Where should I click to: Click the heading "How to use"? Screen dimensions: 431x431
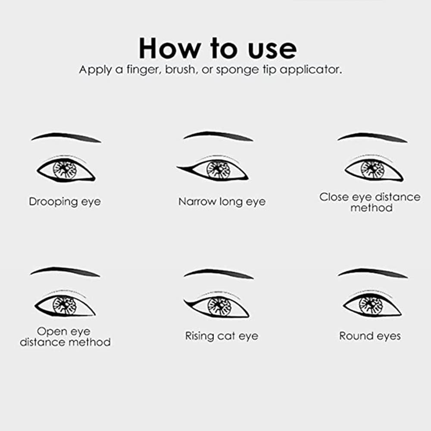(x=218, y=48)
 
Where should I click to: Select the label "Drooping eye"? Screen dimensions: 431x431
(x=65, y=202)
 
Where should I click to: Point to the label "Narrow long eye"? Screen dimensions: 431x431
(x=222, y=202)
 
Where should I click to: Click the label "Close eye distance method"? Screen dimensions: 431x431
(x=370, y=202)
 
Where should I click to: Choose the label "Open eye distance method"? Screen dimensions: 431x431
(x=65, y=337)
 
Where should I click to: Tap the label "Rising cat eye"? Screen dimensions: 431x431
(x=222, y=336)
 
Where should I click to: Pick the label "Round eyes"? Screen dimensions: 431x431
(x=370, y=336)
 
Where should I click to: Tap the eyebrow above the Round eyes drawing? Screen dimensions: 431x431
(x=373, y=272)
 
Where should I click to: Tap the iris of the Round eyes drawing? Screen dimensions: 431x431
(x=371, y=303)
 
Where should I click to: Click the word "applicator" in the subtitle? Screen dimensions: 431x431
(x=311, y=70)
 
